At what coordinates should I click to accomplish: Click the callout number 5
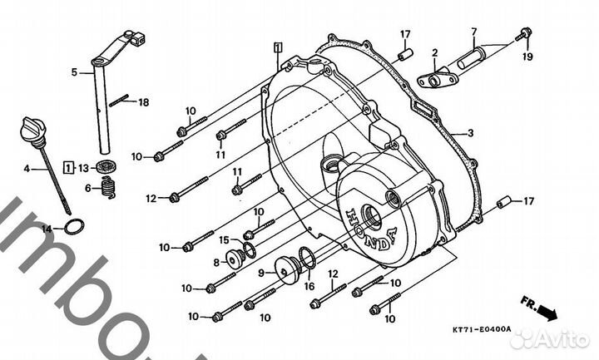[74, 73]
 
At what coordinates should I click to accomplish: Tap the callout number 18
[143, 102]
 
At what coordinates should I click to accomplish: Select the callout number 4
[26, 169]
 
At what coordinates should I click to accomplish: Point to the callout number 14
[47, 228]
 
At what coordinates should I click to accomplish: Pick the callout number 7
[473, 32]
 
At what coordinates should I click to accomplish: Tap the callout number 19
[526, 57]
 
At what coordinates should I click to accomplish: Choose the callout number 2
[434, 53]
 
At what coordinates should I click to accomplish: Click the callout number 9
[260, 272]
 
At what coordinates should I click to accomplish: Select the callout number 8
[216, 262]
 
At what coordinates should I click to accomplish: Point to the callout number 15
[224, 240]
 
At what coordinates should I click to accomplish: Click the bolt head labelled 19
[524, 35]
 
